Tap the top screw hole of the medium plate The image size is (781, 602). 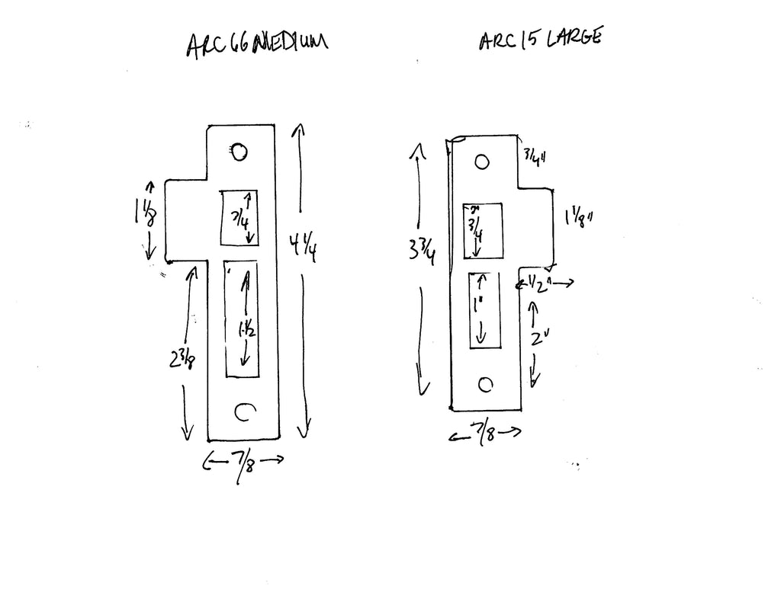(x=239, y=152)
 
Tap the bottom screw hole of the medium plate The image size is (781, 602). (x=243, y=412)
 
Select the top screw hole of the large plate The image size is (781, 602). (x=481, y=162)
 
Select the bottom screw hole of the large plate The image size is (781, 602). (x=483, y=384)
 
